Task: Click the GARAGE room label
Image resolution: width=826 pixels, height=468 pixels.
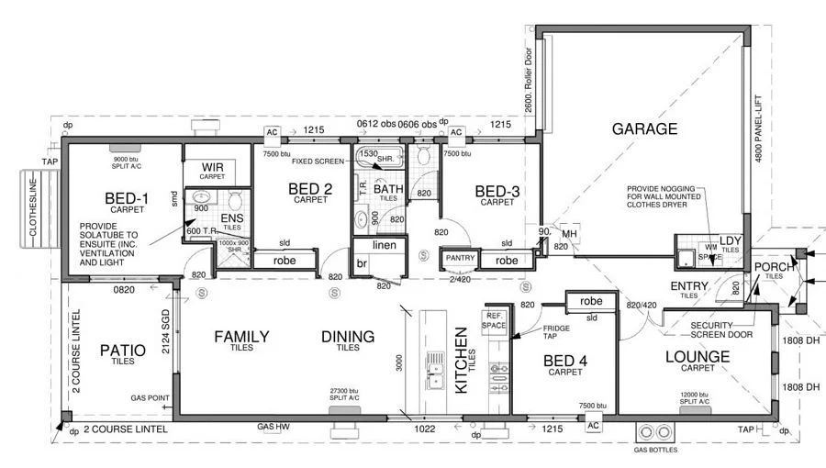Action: point(644,129)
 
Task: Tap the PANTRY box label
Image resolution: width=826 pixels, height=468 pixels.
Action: point(458,260)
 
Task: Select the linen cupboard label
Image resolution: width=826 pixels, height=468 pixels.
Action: point(383,246)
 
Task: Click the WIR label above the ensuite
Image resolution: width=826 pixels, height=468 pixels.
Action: point(213,166)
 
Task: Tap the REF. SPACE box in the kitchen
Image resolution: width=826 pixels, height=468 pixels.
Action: point(494,319)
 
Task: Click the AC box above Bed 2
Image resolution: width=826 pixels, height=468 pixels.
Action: point(272,132)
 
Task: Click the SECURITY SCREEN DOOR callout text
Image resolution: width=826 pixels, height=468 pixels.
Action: point(723,329)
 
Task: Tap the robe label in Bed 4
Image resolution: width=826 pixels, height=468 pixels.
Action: point(590,301)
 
